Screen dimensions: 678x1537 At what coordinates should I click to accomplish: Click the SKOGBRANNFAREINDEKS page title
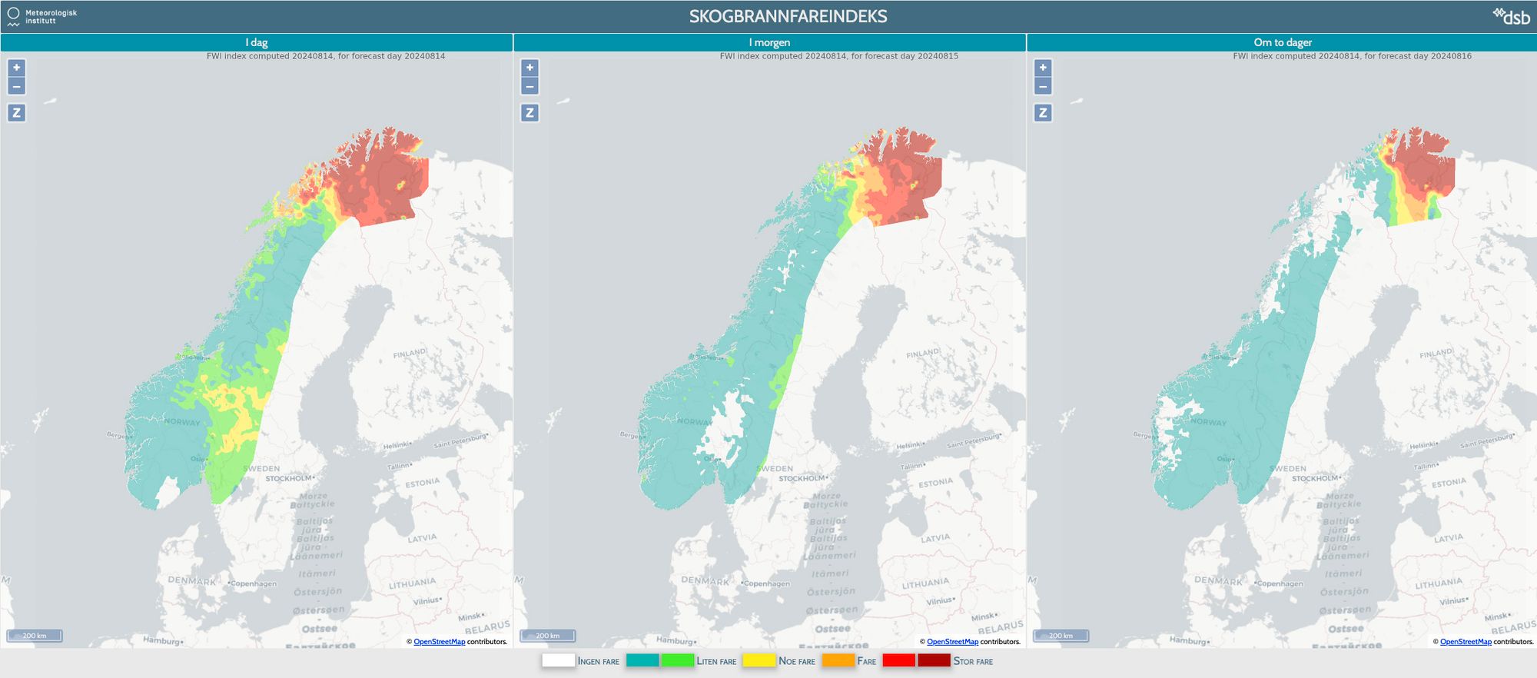click(788, 16)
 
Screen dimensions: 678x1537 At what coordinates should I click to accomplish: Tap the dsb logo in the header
click(1512, 16)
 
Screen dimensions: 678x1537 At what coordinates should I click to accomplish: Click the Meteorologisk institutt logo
click(42, 16)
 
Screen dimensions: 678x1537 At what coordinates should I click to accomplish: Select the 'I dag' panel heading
click(257, 42)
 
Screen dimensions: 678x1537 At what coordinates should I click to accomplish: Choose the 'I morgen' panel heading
click(769, 42)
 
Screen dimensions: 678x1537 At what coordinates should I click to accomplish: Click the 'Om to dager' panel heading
click(1283, 42)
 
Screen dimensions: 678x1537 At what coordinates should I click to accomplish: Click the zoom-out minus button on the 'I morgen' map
click(529, 86)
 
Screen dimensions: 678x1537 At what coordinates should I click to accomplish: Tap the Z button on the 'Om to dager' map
click(1043, 113)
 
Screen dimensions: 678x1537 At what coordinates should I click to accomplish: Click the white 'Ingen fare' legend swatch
click(558, 660)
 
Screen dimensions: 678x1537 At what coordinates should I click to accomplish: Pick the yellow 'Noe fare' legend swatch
click(759, 660)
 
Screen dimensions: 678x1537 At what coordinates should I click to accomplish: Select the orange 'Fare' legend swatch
click(838, 660)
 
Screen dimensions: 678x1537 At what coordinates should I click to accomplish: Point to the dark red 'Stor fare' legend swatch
click(934, 660)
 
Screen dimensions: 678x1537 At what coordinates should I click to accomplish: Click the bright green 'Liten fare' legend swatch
click(677, 660)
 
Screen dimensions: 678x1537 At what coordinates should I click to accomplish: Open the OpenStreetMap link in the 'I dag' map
click(439, 642)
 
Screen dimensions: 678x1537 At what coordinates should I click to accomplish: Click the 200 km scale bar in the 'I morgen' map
click(548, 636)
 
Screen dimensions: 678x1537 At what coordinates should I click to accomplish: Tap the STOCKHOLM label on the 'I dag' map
click(289, 479)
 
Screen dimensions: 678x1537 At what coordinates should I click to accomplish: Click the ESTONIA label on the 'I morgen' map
click(935, 484)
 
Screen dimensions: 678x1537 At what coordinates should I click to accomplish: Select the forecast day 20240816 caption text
click(1352, 56)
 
